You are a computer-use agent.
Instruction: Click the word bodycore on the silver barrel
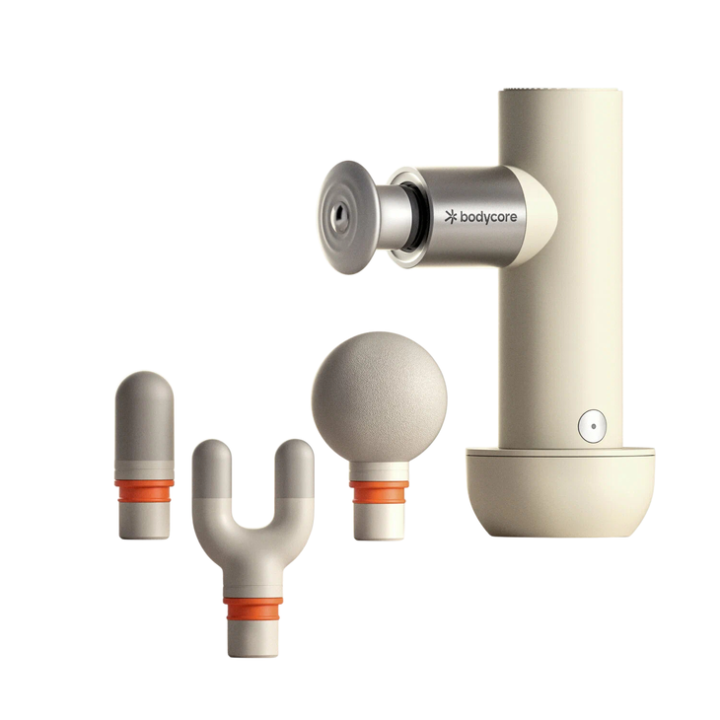pyautogui.click(x=488, y=217)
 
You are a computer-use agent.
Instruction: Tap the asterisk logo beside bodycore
pyautogui.click(x=451, y=217)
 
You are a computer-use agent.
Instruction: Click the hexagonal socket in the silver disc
pyautogui.click(x=340, y=216)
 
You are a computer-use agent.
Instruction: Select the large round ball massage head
pyautogui.click(x=380, y=397)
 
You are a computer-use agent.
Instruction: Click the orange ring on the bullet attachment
pyautogui.click(x=144, y=490)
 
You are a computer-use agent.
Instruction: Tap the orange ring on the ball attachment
pyautogui.click(x=380, y=491)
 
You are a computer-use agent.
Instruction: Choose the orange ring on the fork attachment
pyautogui.click(x=253, y=609)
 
